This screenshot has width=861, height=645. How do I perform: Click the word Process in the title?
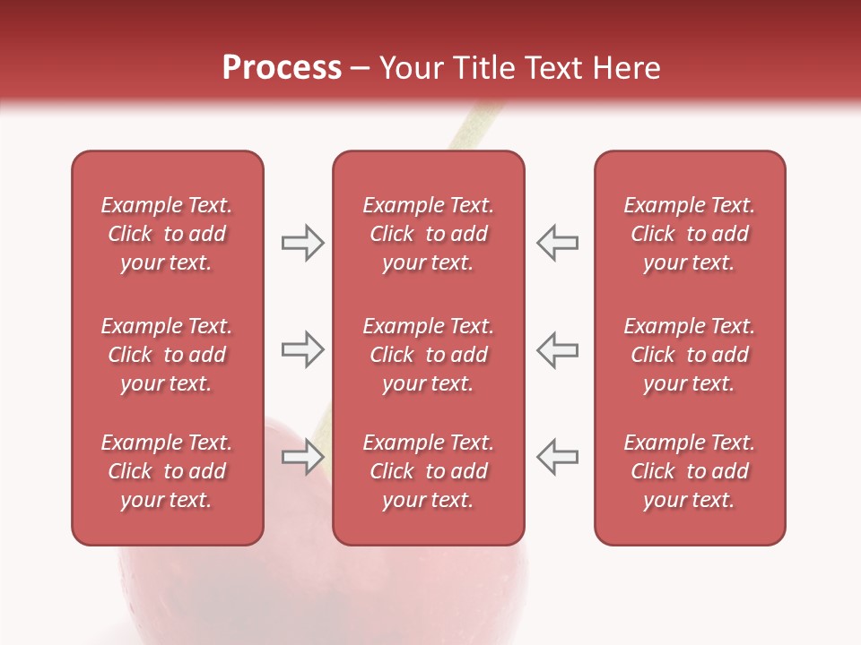tap(282, 68)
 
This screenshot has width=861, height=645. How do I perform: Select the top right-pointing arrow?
tap(302, 243)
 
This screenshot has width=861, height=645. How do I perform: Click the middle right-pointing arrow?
tap(302, 349)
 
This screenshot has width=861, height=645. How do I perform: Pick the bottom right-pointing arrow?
tap(302, 457)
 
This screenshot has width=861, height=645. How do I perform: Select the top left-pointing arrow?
tap(558, 243)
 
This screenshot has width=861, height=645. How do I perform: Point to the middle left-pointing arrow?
tap(558, 349)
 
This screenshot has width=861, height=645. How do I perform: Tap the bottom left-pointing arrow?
tap(558, 457)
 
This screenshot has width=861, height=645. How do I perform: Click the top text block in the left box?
tap(167, 234)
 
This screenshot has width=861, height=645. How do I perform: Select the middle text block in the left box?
tap(167, 355)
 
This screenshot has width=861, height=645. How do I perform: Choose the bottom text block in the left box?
tap(167, 471)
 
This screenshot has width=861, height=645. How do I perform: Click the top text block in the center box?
tap(429, 234)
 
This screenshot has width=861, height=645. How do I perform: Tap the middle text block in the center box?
tap(429, 355)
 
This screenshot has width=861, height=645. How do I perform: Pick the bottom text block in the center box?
tap(429, 471)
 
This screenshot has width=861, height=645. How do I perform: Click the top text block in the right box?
tap(690, 234)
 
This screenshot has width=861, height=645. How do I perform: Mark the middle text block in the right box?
tap(690, 355)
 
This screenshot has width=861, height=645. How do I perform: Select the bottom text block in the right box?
tap(690, 471)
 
